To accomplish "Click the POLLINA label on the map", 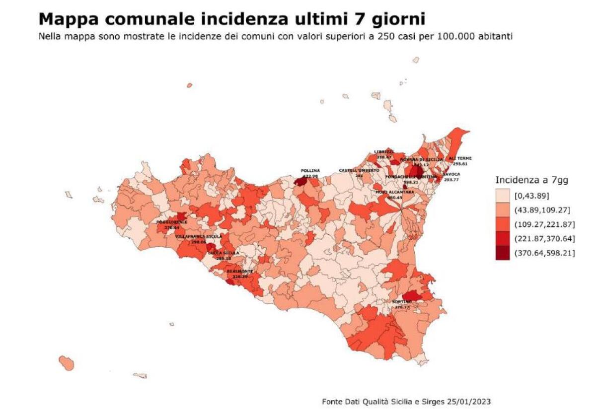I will tap(310, 171).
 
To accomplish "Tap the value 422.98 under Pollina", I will tap(310, 176).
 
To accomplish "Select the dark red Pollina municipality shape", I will tap(300, 182).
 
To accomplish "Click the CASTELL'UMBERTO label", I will tap(359, 170).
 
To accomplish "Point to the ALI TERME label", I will tap(460, 158).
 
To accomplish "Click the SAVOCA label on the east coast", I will tap(451, 174).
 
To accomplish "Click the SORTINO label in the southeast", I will tap(402, 302).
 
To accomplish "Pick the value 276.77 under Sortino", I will tap(402, 307).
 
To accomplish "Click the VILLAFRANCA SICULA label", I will tap(199, 237).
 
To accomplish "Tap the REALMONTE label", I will tap(240, 271).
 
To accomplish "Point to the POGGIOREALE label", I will tap(172, 222).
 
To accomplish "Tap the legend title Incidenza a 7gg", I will tap(531, 181).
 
